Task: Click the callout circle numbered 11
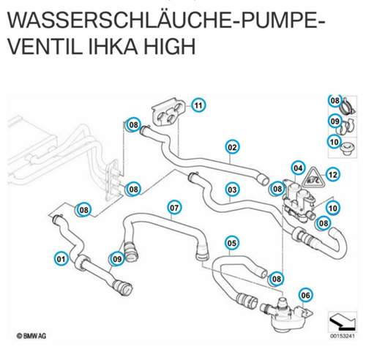(198, 105)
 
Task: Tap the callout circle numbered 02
(232, 147)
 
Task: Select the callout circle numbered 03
(232, 190)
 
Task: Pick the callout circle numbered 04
(298, 168)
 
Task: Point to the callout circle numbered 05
(232, 243)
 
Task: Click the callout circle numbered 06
(305, 296)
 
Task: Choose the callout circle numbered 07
(174, 208)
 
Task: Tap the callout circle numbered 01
(61, 259)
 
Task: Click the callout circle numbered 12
(333, 175)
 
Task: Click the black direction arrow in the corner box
(342, 322)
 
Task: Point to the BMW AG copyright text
(31, 336)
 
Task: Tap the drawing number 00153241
(343, 336)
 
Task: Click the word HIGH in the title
(170, 46)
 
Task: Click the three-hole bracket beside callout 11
(168, 113)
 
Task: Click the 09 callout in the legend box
(335, 121)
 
